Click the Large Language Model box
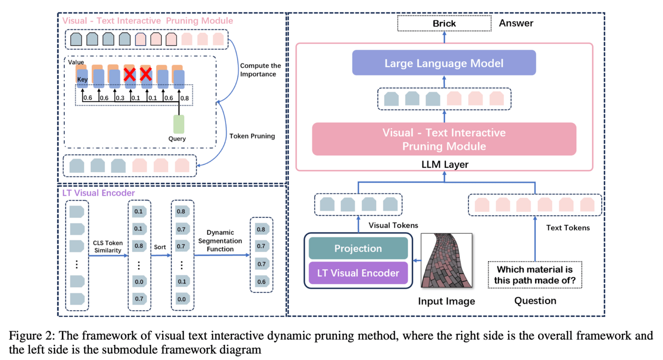click(444, 63)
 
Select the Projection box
click(358, 248)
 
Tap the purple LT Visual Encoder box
click(358, 273)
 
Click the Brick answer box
click(444, 23)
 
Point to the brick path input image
click(446, 261)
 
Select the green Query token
click(179, 124)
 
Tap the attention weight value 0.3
click(119, 98)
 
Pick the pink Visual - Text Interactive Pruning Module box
click(444, 139)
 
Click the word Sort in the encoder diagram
click(160, 247)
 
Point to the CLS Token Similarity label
click(107, 246)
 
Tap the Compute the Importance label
click(261, 70)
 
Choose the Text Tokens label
click(568, 227)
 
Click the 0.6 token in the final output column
click(261, 281)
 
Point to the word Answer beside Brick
click(516, 23)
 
